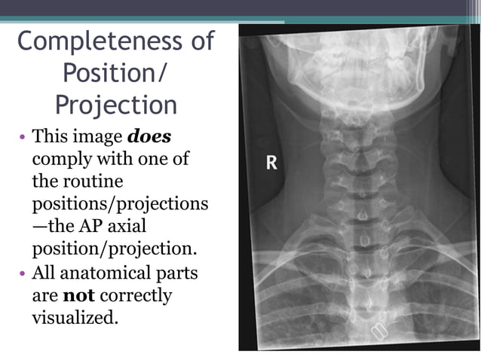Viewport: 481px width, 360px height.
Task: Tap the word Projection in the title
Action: coord(116,104)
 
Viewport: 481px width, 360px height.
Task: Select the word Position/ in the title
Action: coord(116,72)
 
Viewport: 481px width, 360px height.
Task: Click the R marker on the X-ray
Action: coord(271,163)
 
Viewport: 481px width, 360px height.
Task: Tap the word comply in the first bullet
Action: coord(58,160)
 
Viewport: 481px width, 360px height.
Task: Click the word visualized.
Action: coord(75,317)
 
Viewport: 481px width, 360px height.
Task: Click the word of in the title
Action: coord(202,41)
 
